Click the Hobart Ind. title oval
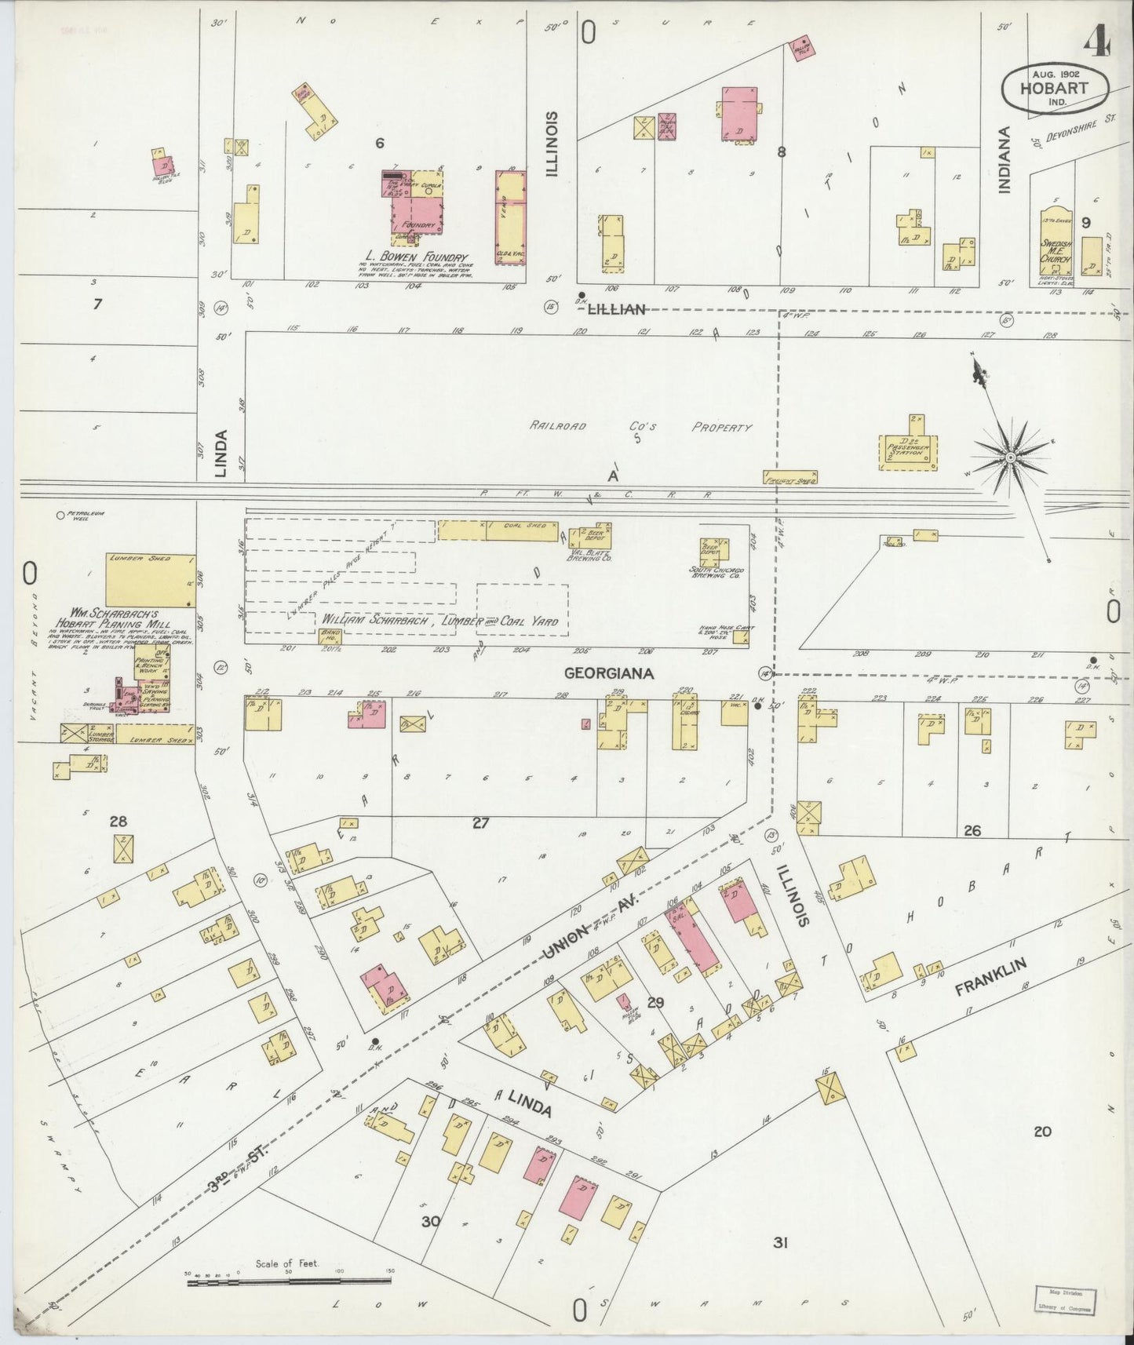tap(1055, 88)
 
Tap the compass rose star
tap(1011, 457)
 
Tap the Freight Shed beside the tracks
tap(789, 477)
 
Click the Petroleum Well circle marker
tap(60, 516)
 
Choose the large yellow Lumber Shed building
tap(149, 580)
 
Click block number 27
tap(480, 822)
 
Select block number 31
tap(779, 1242)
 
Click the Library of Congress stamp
tap(1064, 1300)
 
